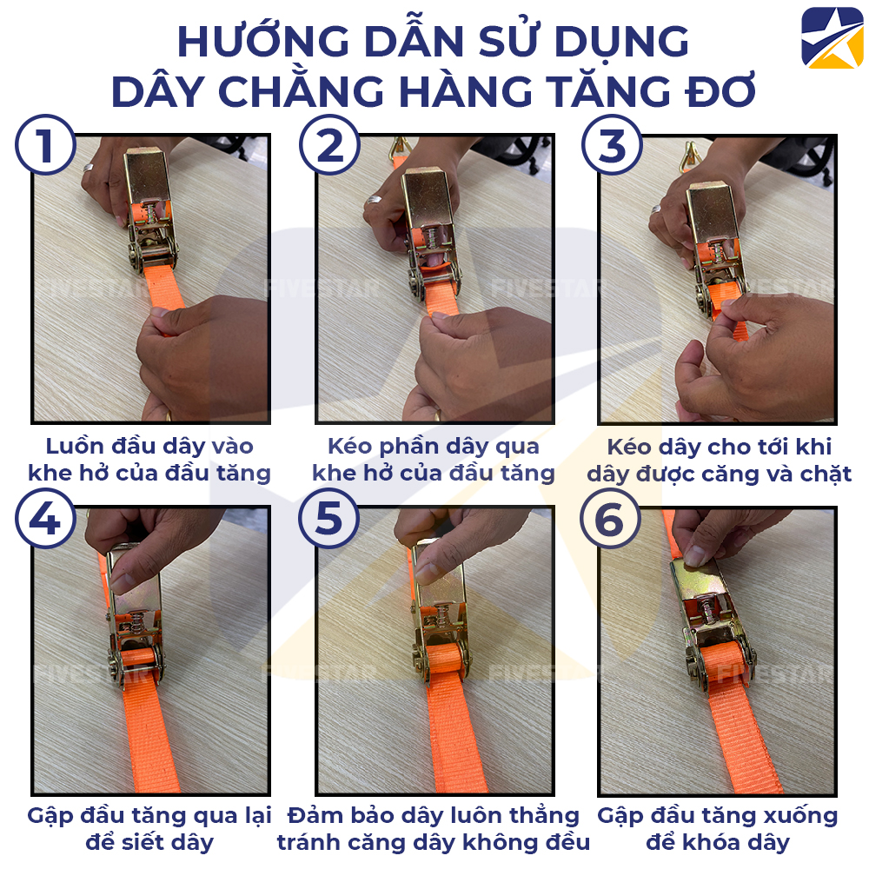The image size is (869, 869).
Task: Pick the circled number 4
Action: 45,519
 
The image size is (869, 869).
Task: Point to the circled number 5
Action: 328,519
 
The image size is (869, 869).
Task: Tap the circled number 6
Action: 612,519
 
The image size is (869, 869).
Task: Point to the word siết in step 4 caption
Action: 153,842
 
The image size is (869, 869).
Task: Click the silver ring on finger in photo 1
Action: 89,166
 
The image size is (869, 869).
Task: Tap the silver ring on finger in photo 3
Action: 657,209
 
